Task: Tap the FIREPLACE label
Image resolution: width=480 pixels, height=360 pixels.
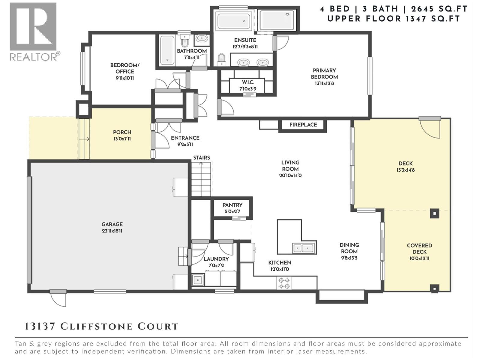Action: pos(303,125)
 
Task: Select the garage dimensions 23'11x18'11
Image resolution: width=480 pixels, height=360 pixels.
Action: pos(112,231)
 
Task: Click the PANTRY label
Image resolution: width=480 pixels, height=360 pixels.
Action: pos(232,205)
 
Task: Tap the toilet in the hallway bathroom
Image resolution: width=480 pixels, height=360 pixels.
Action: pos(184,40)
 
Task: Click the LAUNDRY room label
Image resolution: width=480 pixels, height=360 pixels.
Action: pos(216,259)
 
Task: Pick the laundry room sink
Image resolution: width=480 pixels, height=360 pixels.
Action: pos(198,280)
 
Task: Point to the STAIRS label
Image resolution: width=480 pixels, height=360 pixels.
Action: pos(202,157)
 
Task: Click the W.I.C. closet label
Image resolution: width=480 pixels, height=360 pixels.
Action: pos(248,82)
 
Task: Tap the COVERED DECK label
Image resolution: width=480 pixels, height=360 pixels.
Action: pos(419,248)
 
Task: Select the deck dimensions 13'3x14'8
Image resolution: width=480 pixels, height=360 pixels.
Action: pos(406,170)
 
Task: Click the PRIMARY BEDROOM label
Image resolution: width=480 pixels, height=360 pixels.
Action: pos(324,74)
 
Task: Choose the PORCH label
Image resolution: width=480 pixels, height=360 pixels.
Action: pos(122,132)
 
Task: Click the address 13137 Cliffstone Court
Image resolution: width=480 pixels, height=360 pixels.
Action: pos(101,326)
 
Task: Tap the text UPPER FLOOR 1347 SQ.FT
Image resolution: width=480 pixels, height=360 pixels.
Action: pos(394,19)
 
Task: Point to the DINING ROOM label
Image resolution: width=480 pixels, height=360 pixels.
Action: pos(349,248)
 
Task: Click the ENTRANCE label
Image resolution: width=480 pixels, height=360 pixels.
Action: pos(185,138)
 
